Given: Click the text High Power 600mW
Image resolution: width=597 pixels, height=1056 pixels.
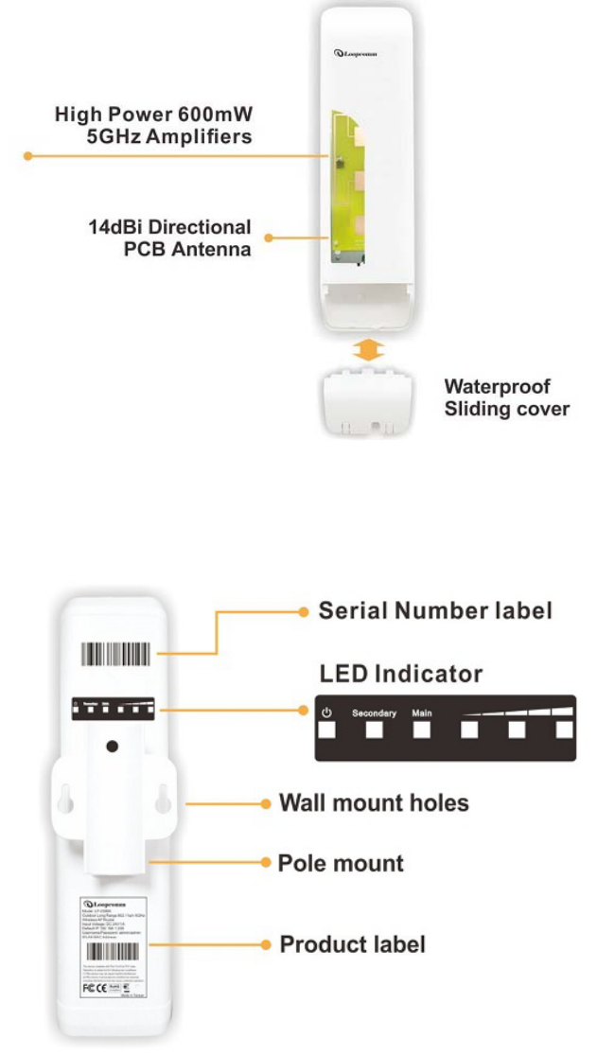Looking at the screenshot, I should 154,115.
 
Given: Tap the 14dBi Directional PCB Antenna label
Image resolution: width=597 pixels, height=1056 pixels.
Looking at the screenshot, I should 170,238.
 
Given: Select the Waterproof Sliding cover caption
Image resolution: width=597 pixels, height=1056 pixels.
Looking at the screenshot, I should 507,398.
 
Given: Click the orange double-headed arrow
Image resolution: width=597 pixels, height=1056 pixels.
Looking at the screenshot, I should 367,351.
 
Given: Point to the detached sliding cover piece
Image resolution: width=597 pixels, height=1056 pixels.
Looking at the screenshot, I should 368,402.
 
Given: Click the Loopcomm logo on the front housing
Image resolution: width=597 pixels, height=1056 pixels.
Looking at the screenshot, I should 356,54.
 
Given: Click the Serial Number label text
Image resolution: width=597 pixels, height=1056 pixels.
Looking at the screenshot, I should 434,611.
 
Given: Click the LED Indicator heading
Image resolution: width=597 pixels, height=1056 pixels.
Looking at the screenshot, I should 401,675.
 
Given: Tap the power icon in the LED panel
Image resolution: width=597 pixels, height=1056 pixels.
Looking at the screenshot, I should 328,712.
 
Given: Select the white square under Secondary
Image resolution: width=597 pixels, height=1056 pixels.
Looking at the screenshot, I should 375,730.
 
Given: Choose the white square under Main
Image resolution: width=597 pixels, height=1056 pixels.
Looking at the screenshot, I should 422,730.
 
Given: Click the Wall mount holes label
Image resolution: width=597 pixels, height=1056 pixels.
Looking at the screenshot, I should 374,803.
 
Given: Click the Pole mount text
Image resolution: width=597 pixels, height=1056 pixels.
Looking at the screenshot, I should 341,863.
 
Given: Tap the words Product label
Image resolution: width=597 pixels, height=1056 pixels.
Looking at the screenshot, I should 352,944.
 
